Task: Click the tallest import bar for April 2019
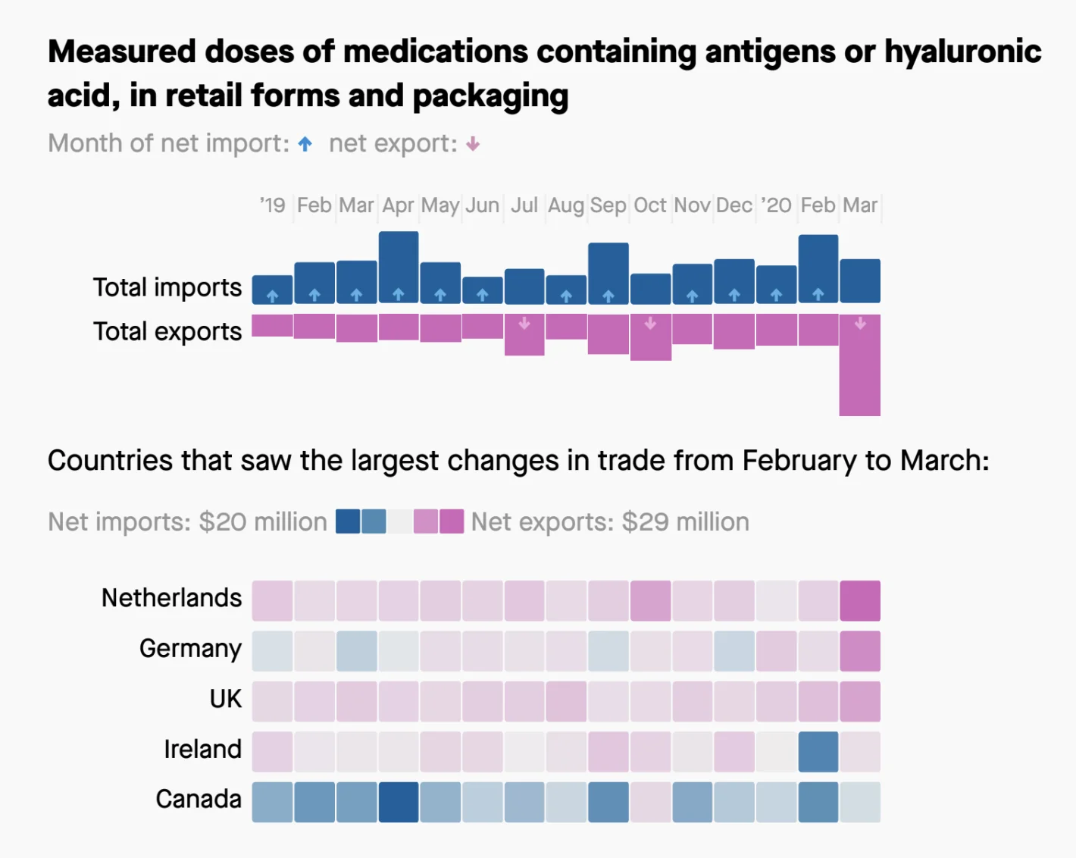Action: point(399,267)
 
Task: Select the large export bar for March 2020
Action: point(859,365)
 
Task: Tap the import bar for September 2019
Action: point(608,273)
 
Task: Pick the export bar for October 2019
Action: point(650,337)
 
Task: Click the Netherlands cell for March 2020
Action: point(859,600)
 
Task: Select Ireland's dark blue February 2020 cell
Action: point(818,751)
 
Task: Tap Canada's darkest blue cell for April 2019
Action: point(399,802)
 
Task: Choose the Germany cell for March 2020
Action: point(859,651)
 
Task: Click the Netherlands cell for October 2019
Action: point(650,600)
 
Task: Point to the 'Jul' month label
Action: point(524,205)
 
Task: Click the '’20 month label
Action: point(776,205)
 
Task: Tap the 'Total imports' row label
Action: point(167,287)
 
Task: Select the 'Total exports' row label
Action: point(167,331)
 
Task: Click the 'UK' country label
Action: point(226,699)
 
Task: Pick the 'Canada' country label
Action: point(199,799)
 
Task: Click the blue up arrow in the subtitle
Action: point(305,144)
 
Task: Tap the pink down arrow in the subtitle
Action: point(473,144)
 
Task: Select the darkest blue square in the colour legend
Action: point(348,521)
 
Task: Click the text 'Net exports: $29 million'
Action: point(610,521)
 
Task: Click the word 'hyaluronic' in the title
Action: point(962,52)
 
